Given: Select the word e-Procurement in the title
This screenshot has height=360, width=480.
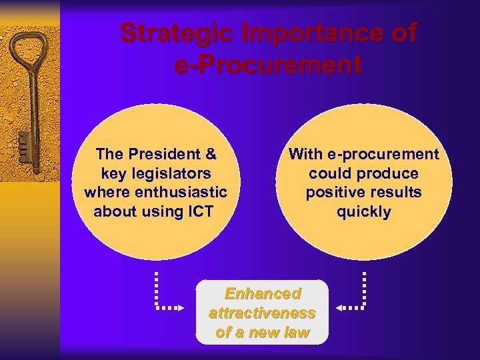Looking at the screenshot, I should [268, 65].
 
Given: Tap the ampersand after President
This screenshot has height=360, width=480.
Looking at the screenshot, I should [211, 155].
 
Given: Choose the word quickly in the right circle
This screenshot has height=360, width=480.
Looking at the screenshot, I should [363, 213].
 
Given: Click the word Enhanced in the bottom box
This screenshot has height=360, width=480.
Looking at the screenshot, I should [263, 294].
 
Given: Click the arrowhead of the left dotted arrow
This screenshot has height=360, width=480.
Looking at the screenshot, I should [183, 308].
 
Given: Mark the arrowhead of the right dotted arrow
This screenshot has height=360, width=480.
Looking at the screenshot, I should [339, 308].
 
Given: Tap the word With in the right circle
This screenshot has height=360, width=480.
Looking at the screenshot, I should [305, 155].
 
